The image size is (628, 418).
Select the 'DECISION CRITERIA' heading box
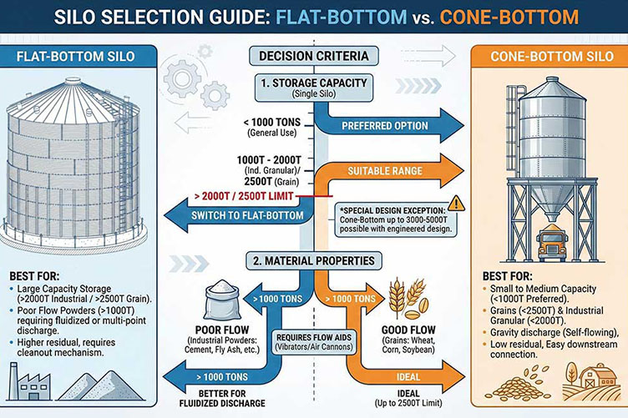coord(314,58)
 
